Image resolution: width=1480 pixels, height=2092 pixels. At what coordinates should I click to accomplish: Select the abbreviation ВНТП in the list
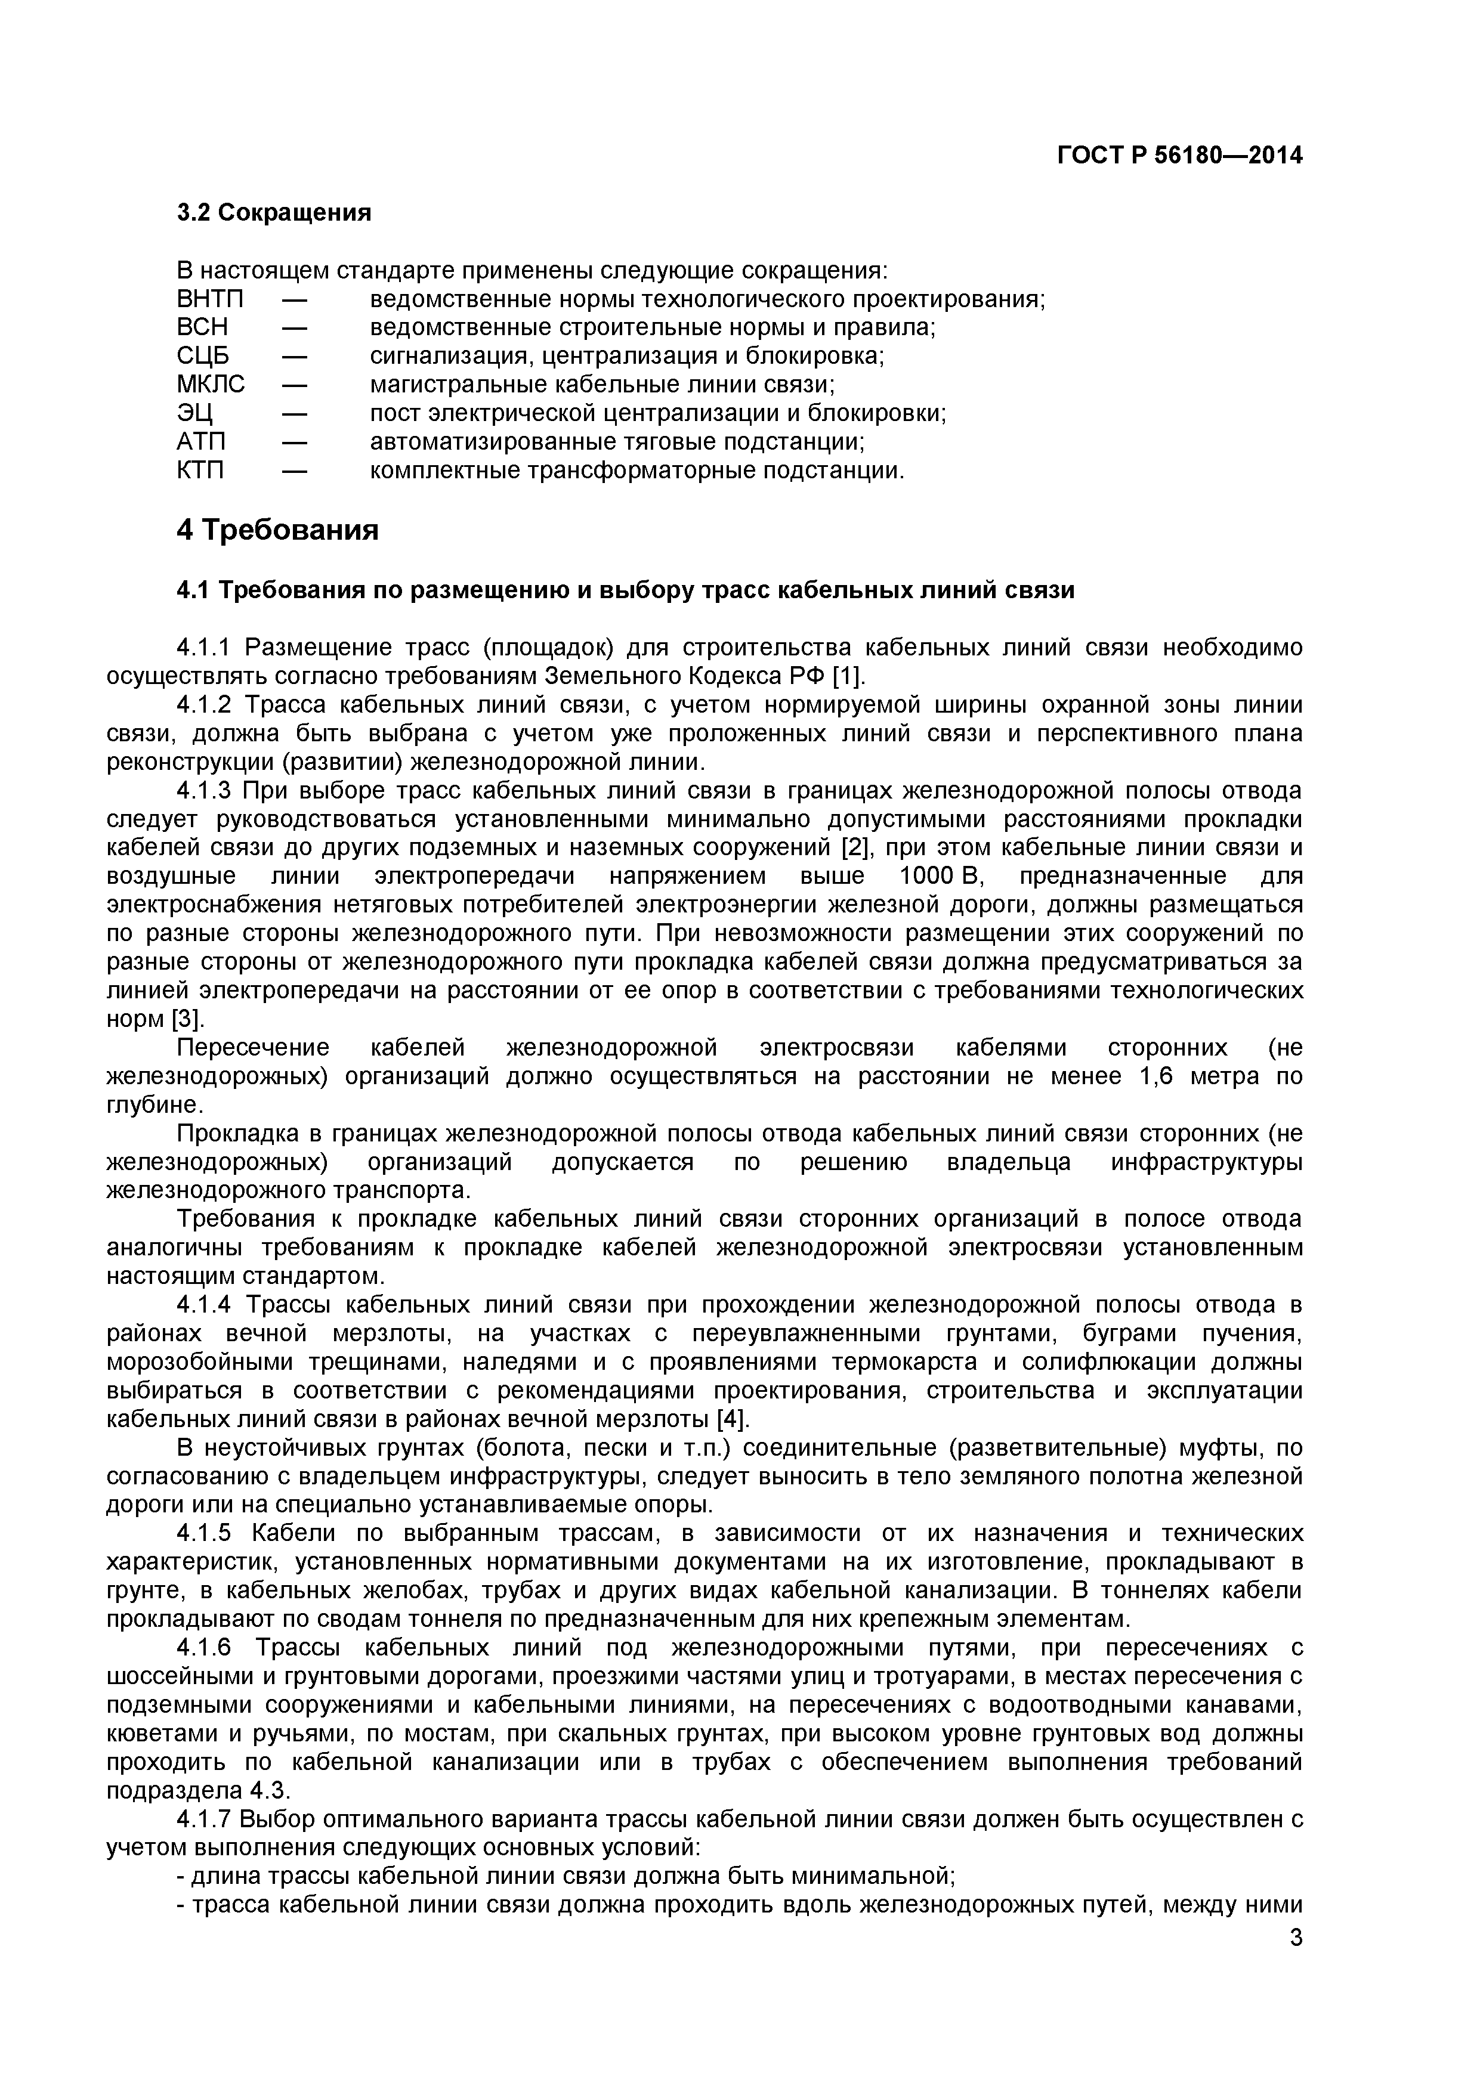(211, 300)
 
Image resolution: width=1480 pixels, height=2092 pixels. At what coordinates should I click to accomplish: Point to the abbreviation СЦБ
(203, 356)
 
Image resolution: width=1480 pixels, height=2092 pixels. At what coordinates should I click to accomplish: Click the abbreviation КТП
(200, 470)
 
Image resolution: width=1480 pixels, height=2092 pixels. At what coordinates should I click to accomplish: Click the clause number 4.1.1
(207, 648)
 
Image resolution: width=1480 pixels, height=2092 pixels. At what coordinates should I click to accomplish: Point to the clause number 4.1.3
(207, 790)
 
